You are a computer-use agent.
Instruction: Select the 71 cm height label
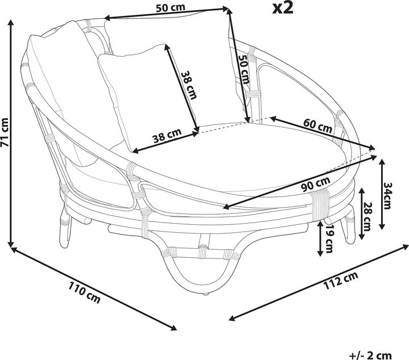6,132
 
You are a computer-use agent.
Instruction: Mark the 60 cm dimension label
318,126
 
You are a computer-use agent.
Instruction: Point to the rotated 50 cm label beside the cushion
243,69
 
